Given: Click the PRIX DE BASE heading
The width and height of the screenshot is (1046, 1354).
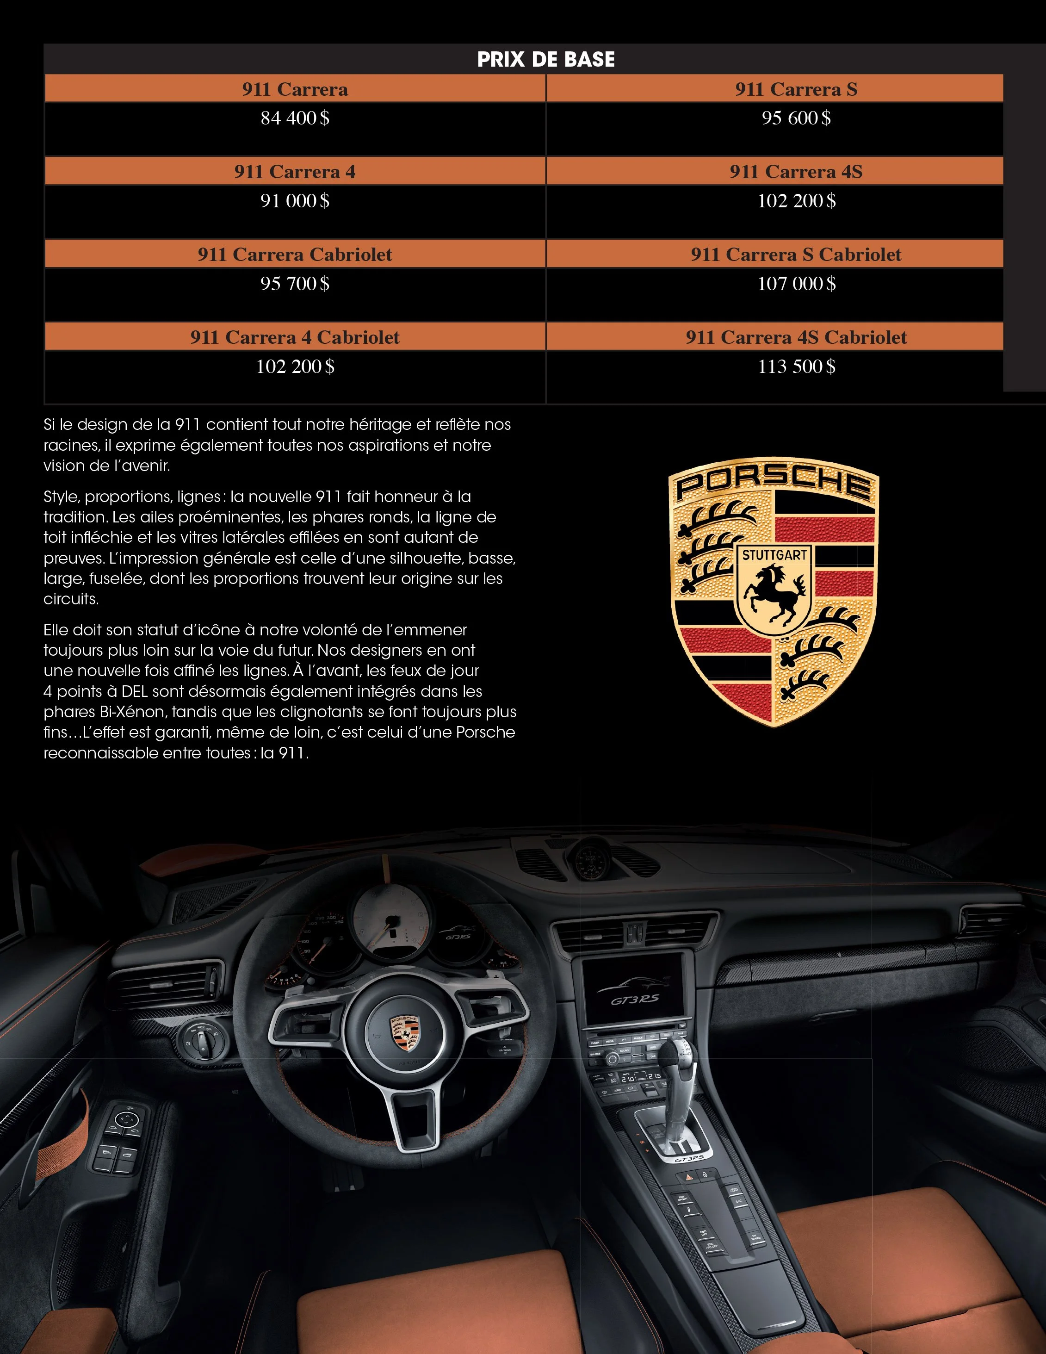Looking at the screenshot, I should coord(546,60).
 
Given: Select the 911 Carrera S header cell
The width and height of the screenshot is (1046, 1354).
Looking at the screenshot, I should coord(796,89).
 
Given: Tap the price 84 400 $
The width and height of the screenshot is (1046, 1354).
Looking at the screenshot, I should coord(295,118).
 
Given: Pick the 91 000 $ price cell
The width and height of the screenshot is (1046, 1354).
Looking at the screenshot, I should coord(295,201).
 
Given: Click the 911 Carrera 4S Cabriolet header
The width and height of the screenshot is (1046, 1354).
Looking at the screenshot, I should coord(796,337).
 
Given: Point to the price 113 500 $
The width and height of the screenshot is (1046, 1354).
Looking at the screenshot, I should coord(796,366).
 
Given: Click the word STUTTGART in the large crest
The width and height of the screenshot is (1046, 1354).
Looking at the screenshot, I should coord(774,555).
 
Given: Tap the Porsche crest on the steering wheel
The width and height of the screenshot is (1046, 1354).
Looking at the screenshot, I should coord(404,1033).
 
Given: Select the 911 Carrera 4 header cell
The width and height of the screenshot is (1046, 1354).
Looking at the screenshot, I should coord(295,172).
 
